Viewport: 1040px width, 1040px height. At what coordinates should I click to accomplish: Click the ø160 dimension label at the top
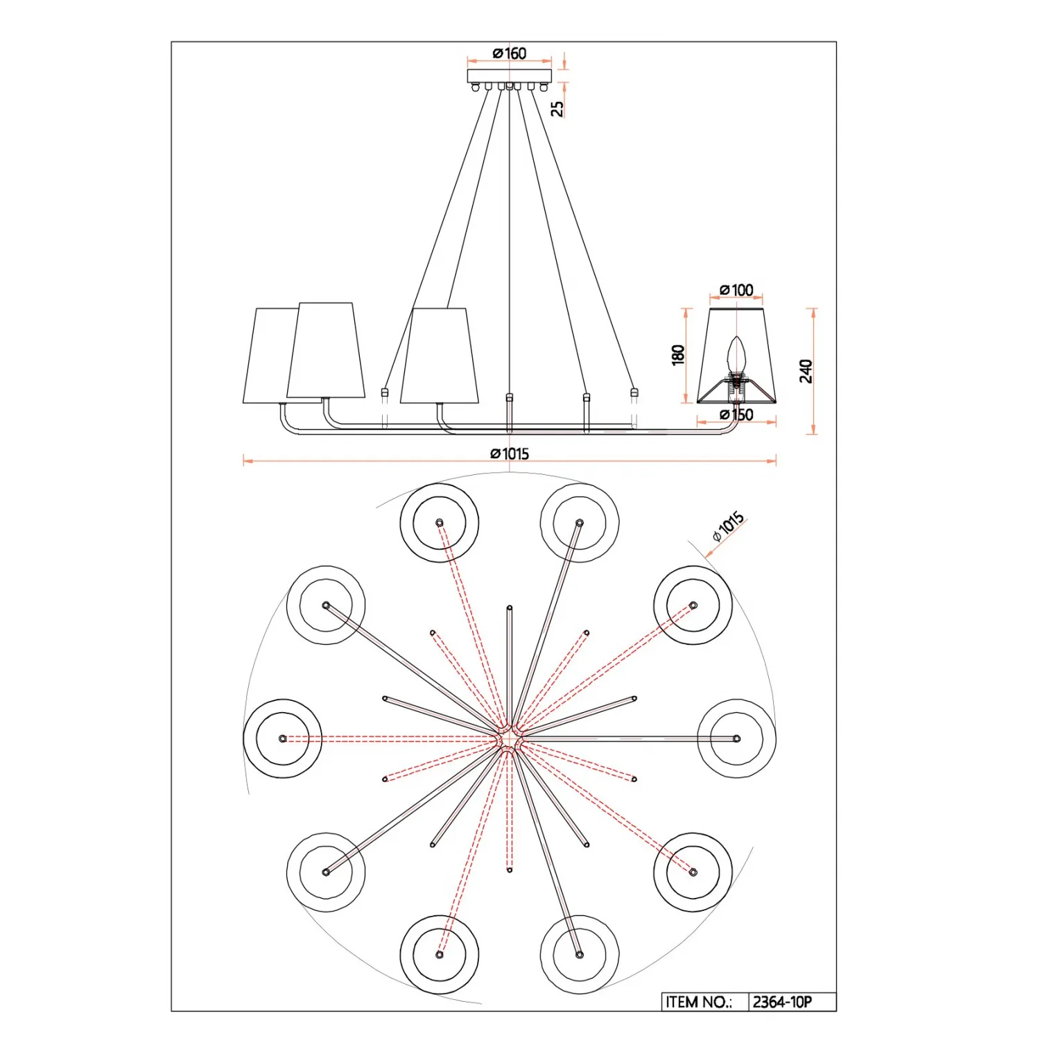pos(510,53)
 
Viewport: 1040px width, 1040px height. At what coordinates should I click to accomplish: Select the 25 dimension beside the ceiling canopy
pos(557,108)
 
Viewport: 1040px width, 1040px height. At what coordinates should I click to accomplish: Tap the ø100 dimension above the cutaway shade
pos(736,290)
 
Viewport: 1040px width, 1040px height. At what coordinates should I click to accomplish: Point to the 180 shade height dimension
pos(678,354)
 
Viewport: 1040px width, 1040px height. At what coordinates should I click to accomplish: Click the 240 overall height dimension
pos(806,371)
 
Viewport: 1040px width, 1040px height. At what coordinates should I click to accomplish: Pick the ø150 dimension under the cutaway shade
pos(736,415)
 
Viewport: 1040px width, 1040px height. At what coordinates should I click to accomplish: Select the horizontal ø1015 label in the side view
pos(510,453)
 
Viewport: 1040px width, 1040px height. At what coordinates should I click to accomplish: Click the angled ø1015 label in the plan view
pos(728,526)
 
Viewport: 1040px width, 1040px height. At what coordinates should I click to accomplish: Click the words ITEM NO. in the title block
pos(698,1002)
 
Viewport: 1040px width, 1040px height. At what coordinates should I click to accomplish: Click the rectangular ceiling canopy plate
pos(510,76)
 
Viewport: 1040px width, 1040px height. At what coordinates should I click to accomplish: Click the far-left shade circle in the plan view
pos(283,738)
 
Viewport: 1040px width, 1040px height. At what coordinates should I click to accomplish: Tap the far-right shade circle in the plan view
pos(736,738)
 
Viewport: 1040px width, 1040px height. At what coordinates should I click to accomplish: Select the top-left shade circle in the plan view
pos(439,522)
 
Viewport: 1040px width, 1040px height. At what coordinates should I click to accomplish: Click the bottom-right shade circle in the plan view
pos(580,955)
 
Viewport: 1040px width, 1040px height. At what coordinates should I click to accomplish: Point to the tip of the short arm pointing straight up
pos(510,608)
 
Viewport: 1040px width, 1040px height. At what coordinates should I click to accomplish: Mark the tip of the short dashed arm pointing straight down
pos(510,869)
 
